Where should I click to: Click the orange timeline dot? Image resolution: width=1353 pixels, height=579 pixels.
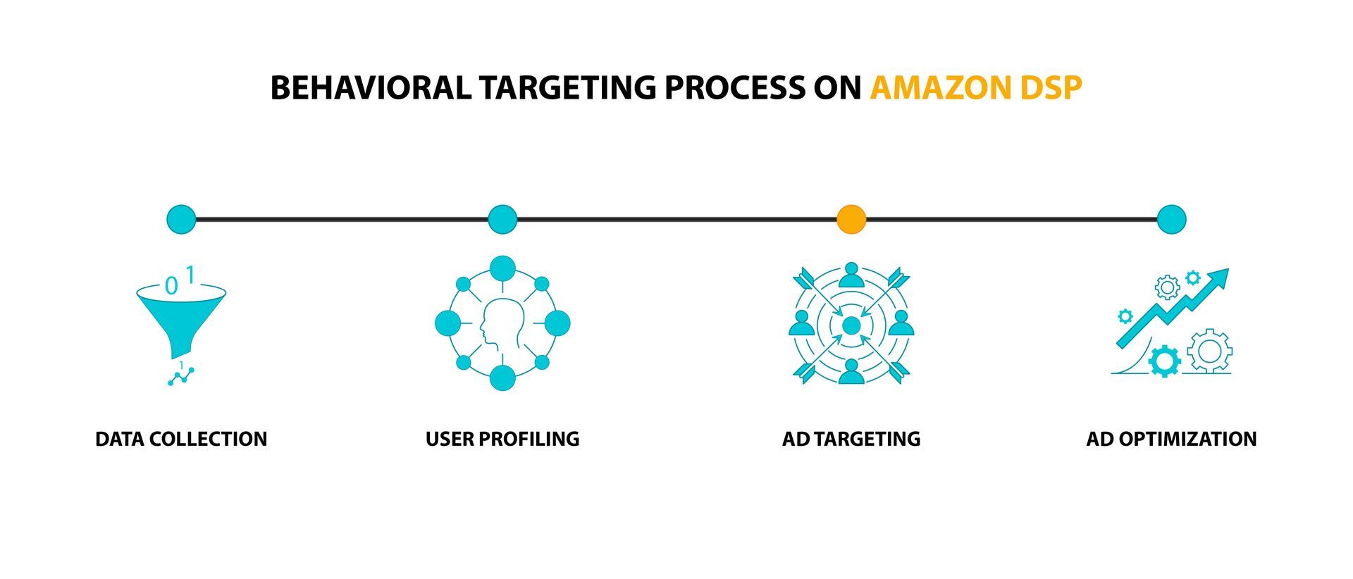click(x=851, y=220)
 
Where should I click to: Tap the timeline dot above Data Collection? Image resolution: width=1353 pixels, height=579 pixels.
click(x=181, y=220)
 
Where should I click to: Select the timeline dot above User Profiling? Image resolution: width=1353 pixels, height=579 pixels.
click(x=502, y=220)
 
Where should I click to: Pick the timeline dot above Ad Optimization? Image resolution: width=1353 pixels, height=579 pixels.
click(x=1171, y=220)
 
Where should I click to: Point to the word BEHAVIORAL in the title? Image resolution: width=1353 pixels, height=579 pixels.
click(x=371, y=88)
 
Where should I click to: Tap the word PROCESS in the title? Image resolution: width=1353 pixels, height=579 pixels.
click(x=734, y=88)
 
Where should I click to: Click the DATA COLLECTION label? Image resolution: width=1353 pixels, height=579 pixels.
click(x=181, y=439)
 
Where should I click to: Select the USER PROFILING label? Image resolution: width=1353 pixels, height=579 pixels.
click(x=502, y=439)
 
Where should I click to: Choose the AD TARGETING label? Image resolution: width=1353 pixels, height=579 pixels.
click(x=851, y=439)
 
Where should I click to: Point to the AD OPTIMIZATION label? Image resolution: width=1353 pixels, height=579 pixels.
click(x=1171, y=439)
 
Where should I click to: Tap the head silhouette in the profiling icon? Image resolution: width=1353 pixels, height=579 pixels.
click(x=501, y=325)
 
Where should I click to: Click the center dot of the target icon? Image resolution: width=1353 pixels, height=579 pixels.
click(x=851, y=325)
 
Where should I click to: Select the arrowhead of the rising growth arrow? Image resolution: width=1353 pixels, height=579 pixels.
click(x=1218, y=277)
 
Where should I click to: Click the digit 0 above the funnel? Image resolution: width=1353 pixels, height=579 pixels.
click(x=171, y=286)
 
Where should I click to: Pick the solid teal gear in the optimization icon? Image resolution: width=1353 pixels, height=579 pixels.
click(x=1164, y=361)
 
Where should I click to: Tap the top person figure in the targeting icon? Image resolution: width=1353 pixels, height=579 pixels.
click(x=851, y=275)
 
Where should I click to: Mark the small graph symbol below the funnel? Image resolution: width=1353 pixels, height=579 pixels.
click(x=181, y=376)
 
